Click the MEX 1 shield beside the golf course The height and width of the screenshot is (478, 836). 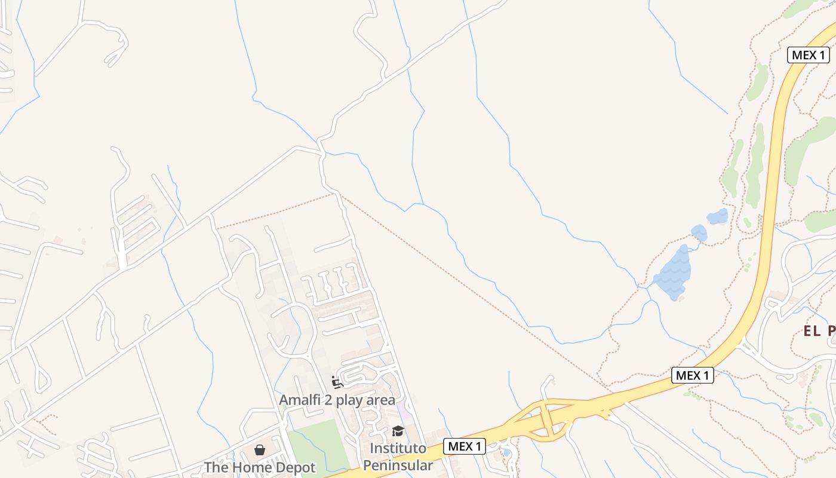pyautogui.click(x=809, y=55)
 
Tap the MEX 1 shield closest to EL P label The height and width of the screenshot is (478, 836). pyautogui.click(x=693, y=375)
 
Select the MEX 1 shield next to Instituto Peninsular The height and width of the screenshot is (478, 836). pyautogui.click(x=464, y=446)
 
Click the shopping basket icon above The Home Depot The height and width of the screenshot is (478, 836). pyautogui.click(x=260, y=450)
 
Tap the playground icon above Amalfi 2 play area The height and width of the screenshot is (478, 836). pyautogui.click(x=337, y=382)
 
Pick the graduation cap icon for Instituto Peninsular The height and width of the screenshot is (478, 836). pyautogui.click(x=398, y=431)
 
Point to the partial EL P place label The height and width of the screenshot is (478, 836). pyautogui.click(x=818, y=331)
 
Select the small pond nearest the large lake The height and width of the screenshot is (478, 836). pyautogui.click(x=699, y=232)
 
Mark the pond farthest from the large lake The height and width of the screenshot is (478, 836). pyautogui.click(x=718, y=216)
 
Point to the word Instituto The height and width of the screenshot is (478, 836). pyautogui.click(x=398, y=448)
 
